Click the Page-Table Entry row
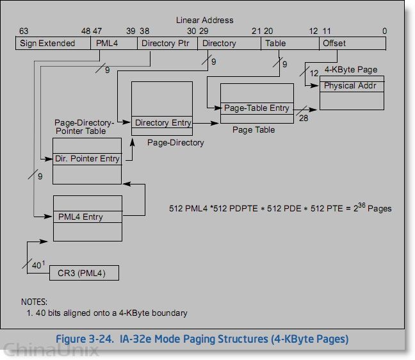tap(256, 108)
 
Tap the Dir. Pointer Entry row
tap(87, 158)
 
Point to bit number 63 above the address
tap(24, 31)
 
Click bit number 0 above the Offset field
tap(384, 31)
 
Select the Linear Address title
tap(205, 20)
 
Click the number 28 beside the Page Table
tap(303, 118)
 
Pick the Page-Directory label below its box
tap(175, 142)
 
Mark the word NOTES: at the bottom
tap(35, 302)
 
